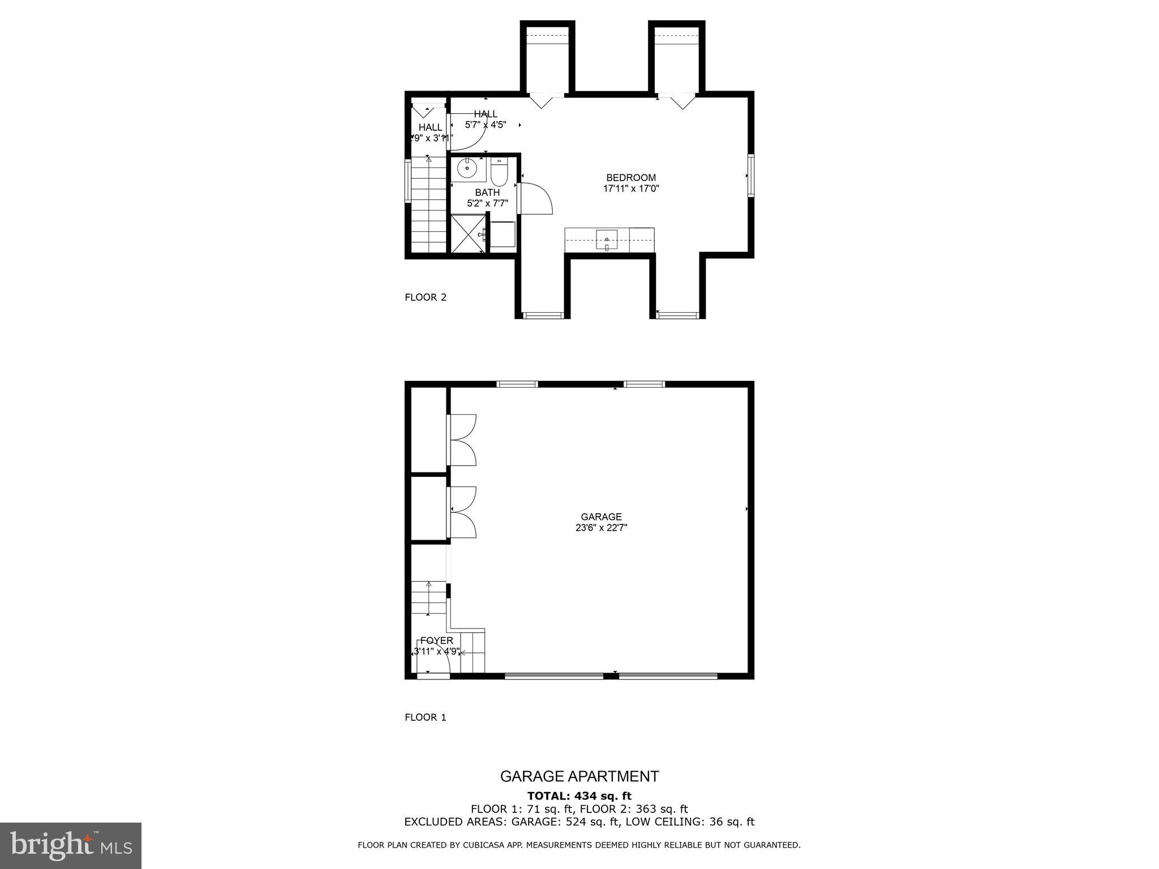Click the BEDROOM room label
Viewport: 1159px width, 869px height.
tap(631, 178)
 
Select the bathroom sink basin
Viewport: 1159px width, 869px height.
tap(467, 167)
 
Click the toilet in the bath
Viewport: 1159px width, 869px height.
tap(499, 173)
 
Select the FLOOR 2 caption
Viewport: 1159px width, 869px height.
tap(426, 298)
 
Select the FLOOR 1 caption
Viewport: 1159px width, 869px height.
tap(426, 717)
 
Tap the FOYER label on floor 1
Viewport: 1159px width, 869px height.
tap(436, 640)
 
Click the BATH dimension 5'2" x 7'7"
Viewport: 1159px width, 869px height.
tap(487, 203)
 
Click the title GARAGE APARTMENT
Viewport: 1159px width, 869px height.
tap(579, 776)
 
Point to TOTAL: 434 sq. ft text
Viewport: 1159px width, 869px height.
tap(579, 796)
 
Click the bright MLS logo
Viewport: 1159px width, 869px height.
tap(71, 845)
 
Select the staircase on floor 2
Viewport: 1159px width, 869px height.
tap(429, 207)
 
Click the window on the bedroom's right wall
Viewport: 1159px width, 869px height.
tap(750, 175)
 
